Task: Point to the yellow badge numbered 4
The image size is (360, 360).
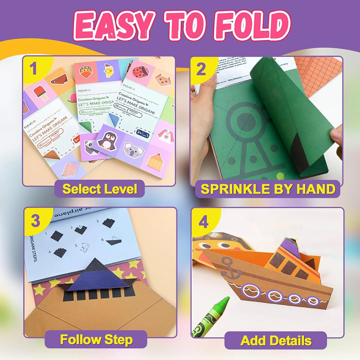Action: click(x=203, y=222)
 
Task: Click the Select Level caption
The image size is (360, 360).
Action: click(x=99, y=189)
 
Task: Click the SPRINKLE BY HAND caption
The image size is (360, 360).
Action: click(x=268, y=189)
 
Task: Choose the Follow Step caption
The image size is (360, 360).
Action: click(x=96, y=340)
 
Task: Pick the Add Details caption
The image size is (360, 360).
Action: click(x=276, y=341)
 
